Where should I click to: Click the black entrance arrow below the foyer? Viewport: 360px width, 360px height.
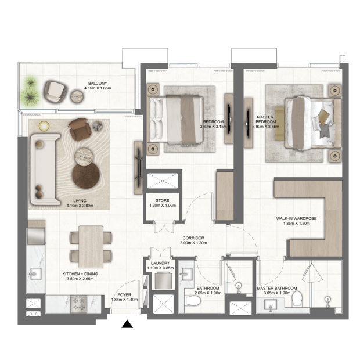[127, 324]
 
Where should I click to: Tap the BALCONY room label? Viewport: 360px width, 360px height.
[98, 84]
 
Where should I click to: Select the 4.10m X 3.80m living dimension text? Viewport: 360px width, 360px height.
[80, 206]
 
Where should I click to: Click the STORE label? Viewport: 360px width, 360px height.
[163, 201]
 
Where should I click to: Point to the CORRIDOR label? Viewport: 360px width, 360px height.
[193, 238]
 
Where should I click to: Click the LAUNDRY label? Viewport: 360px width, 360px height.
[160, 263]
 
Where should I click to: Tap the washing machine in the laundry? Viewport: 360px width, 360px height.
[163, 280]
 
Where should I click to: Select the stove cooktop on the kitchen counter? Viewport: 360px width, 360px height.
[78, 304]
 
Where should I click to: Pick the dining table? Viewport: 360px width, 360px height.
[91, 247]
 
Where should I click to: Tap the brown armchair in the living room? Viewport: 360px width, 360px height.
[80, 129]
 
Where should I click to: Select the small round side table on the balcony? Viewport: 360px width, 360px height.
[77, 96]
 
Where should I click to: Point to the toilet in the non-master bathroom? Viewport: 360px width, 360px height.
[193, 301]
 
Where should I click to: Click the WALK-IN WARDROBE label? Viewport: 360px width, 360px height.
[296, 218]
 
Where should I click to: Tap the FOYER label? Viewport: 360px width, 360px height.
[124, 295]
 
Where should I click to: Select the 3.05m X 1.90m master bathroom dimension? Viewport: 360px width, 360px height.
[277, 293]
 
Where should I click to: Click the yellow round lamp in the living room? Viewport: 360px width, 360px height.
[44, 126]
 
